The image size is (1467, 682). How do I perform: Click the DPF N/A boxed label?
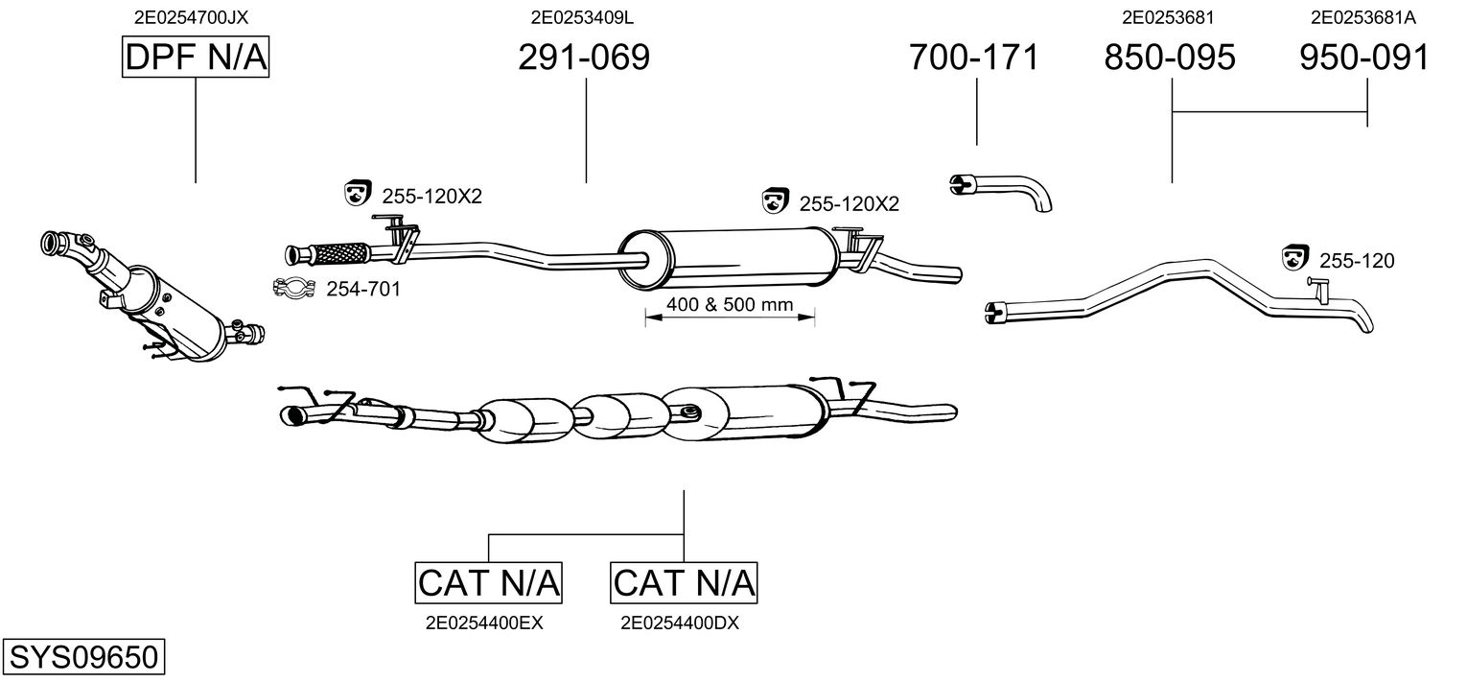tap(196, 57)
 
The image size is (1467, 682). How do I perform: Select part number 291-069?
tap(584, 57)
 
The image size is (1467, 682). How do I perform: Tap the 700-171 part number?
tap(974, 57)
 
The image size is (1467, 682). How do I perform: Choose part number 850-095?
tap(1170, 57)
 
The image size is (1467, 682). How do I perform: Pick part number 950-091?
tap(1364, 57)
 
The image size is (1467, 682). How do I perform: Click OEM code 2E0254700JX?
tap(191, 17)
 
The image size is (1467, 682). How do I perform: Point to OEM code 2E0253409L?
tap(582, 17)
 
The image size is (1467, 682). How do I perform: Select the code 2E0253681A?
tap(1362, 17)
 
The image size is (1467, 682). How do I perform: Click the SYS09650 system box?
tap(83, 656)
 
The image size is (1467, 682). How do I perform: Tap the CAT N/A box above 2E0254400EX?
tap(489, 582)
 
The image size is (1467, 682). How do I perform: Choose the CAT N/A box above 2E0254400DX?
tap(684, 582)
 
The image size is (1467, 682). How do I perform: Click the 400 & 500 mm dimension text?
tap(730, 305)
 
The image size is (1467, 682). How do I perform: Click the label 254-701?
tap(363, 289)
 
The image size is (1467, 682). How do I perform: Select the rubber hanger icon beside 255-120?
tap(1294, 257)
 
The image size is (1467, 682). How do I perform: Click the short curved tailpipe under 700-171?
tap(1001, 193)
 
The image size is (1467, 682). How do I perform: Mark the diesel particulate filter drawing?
tap(152, 296)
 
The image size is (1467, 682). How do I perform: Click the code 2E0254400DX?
tap(680, 623)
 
